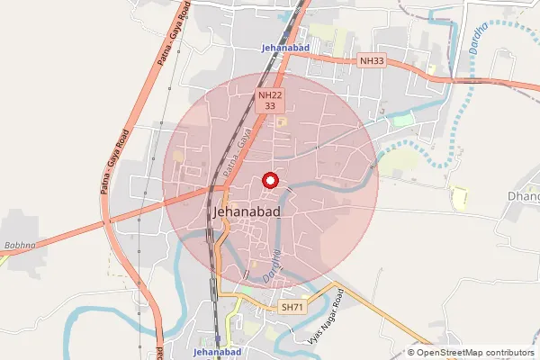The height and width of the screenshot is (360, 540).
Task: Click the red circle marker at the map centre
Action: click(269, 181)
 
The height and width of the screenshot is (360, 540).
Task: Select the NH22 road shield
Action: click(269, 94)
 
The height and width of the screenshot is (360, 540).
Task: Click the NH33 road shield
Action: click(370, 60)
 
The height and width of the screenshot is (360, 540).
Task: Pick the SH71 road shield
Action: click(292, 307)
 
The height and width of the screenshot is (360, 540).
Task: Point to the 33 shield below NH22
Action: click(269, 105)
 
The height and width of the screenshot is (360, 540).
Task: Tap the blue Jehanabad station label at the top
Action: click(283, 47)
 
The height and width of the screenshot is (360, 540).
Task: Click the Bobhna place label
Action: click(19, 244)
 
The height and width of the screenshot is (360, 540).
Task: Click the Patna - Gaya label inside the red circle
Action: click(236, 153)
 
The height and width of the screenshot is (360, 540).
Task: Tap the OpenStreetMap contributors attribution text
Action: click(476, 353)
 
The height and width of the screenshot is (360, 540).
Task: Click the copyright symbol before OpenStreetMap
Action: click(411, 353)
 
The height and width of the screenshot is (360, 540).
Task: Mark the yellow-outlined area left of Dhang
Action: click(459, 196)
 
